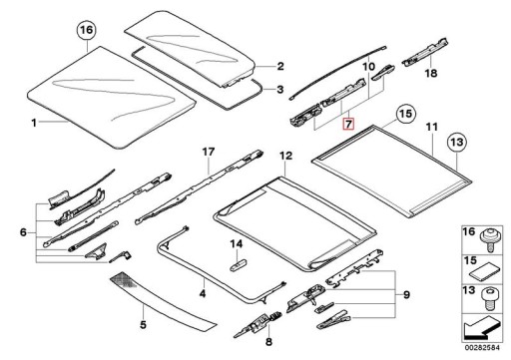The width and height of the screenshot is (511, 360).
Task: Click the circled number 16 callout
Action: pyautogui.click(x=86, y=30)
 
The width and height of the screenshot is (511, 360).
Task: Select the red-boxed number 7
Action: pyautogui.click(x=348, y=125)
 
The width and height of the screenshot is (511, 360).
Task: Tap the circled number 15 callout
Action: pyautogui.click(x=405, y=114)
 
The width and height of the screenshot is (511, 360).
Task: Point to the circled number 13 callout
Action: pyautogui.click(x=457, y=143)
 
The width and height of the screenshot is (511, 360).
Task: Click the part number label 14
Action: pyautogui.click(x=237, y=244)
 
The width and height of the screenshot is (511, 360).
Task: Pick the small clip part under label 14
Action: pyautogui.click(x=238, y=264)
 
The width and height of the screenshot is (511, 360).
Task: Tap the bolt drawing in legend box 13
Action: pyautogui.click(x=489, y=296)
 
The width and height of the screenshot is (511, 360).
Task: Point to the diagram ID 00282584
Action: pyautogui.click(x=482, y=348)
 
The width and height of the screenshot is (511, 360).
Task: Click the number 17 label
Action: pyautogui.click(x=209, y=153)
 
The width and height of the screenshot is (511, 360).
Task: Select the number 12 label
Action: pyautogui.click(x=285, y=156)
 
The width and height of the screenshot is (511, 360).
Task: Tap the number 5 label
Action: pyautogui.click(x=143, y=324)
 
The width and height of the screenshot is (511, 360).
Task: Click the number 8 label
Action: pyautogui.click(x=268, y=341)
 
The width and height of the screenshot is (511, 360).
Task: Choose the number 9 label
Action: pyautogui.click(x=406, y=295)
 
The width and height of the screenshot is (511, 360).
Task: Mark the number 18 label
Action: pyautogui.click(x=431, y=73)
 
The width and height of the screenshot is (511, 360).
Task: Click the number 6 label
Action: pyautogui.click(x=23, y=232)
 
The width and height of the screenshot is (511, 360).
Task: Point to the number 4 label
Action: pyautogui.click(x=203, y=294)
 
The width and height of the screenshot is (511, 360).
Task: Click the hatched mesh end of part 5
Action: pyautogui.click(x=126, y=280)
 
